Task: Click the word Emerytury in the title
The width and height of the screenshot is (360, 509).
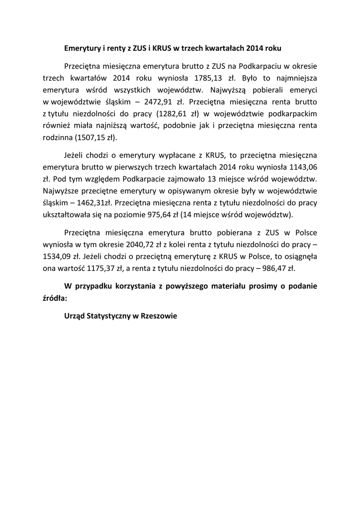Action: pyautogui.click(x=83, y=49)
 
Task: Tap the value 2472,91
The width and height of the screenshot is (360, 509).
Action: pyautogui.click(x=148, y=102)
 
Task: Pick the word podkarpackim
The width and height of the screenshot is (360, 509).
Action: pyautogui.click(x=289, y=114)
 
